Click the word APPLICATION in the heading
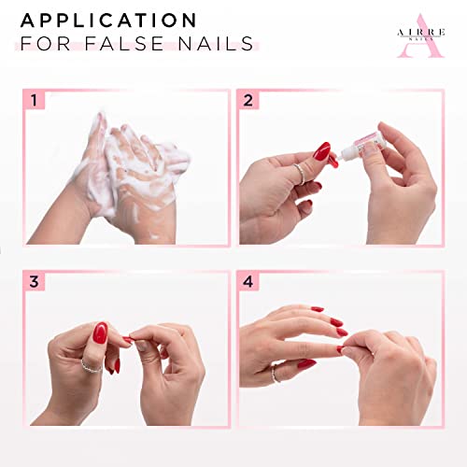click(109, 21)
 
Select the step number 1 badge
click(35, 100)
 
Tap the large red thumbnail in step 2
click(322, 151)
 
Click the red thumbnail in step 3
click(100, 333)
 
